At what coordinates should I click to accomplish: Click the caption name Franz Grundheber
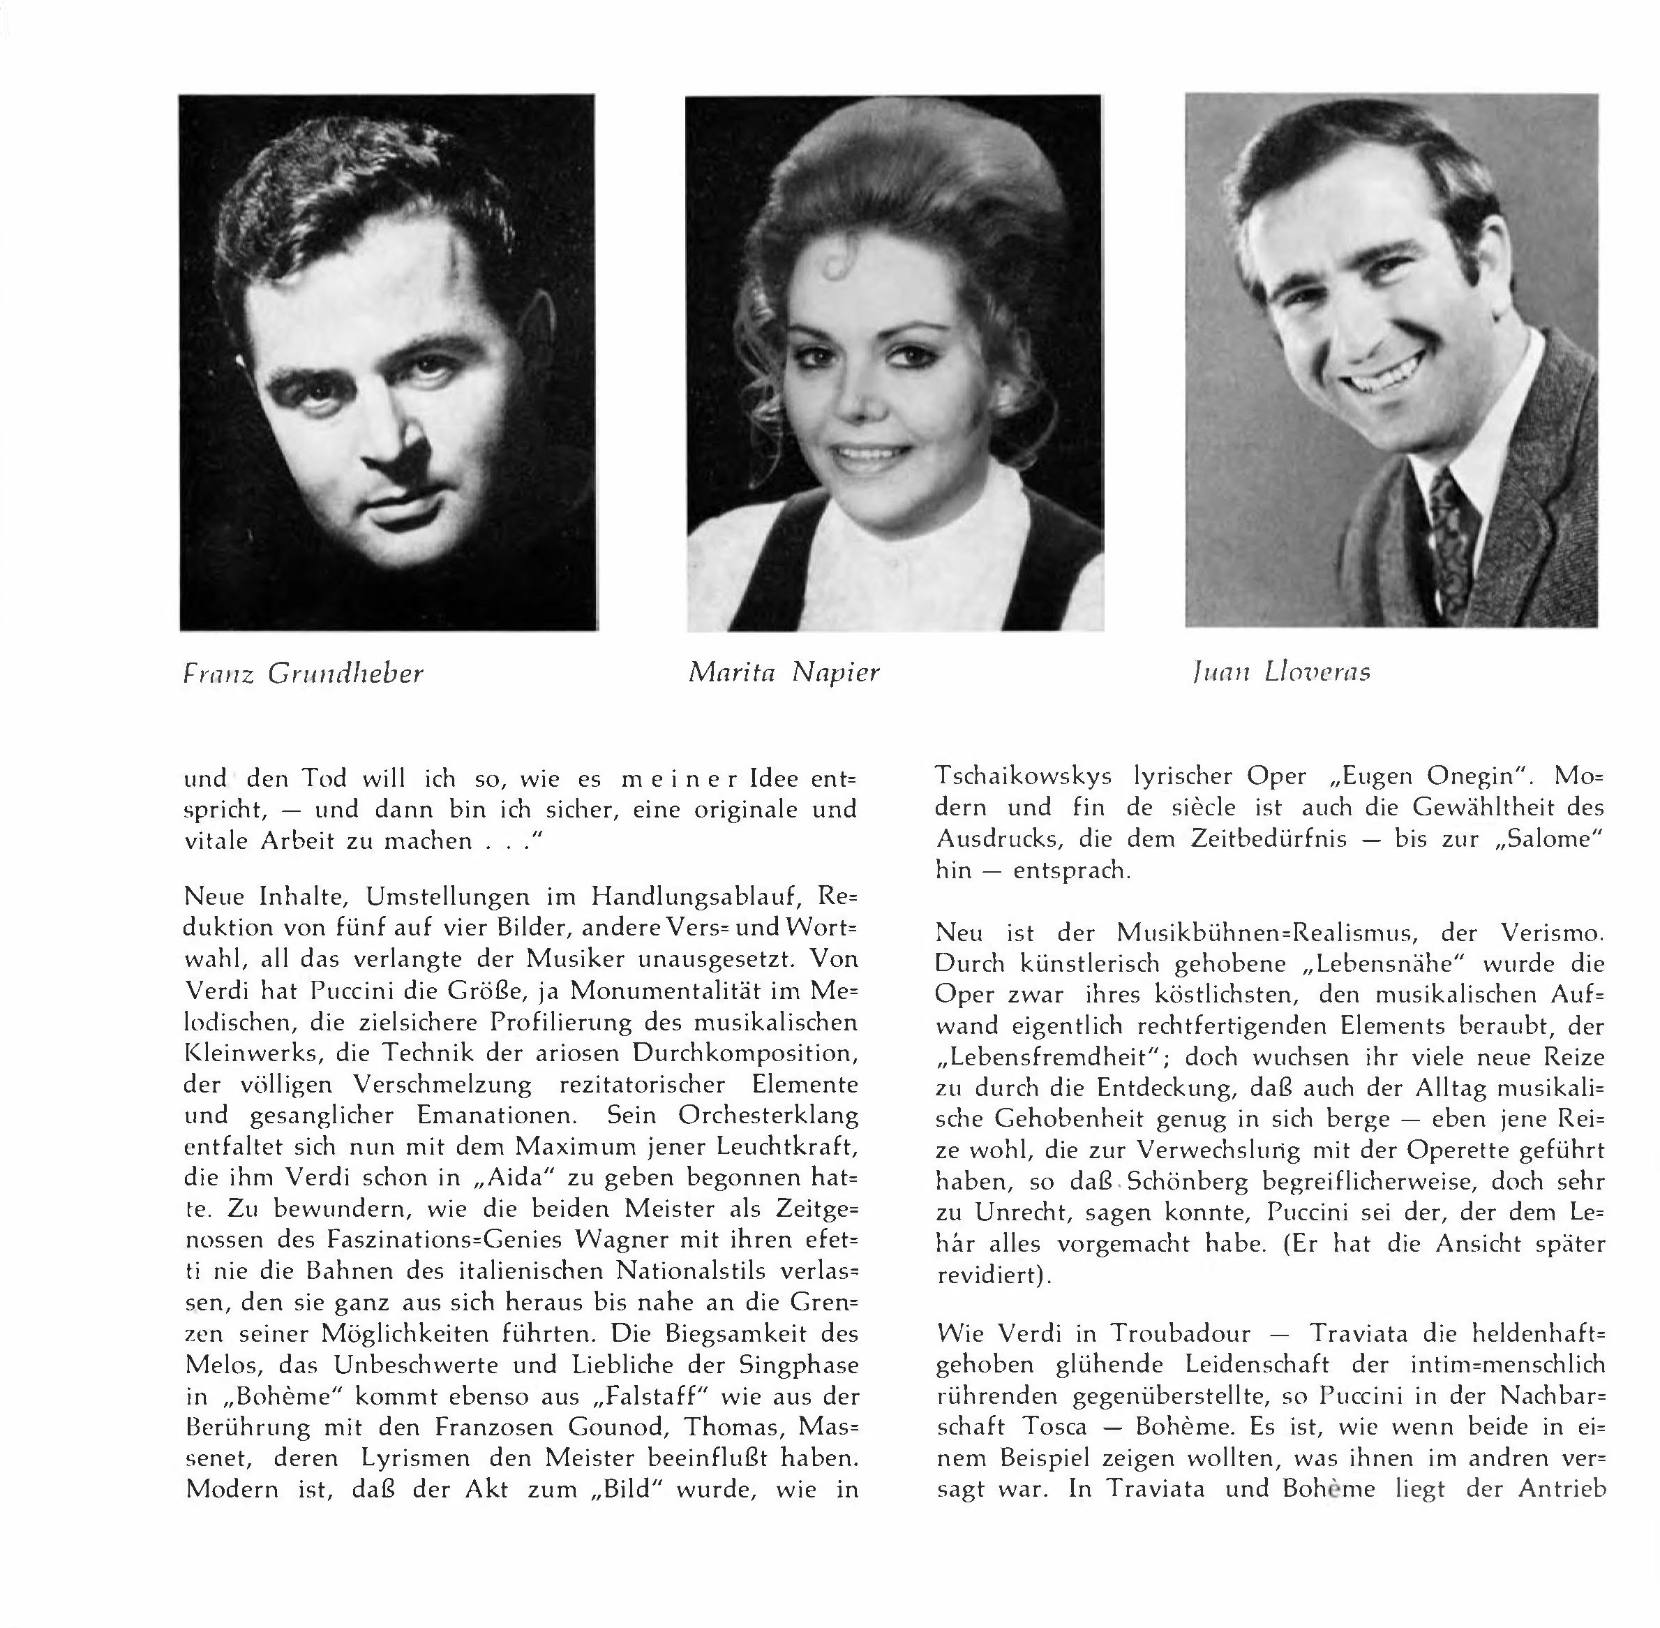click(x=304, y=674)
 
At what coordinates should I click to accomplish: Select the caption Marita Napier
click(x=783, y=672)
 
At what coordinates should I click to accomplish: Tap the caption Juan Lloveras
click(x=1280, y=672)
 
